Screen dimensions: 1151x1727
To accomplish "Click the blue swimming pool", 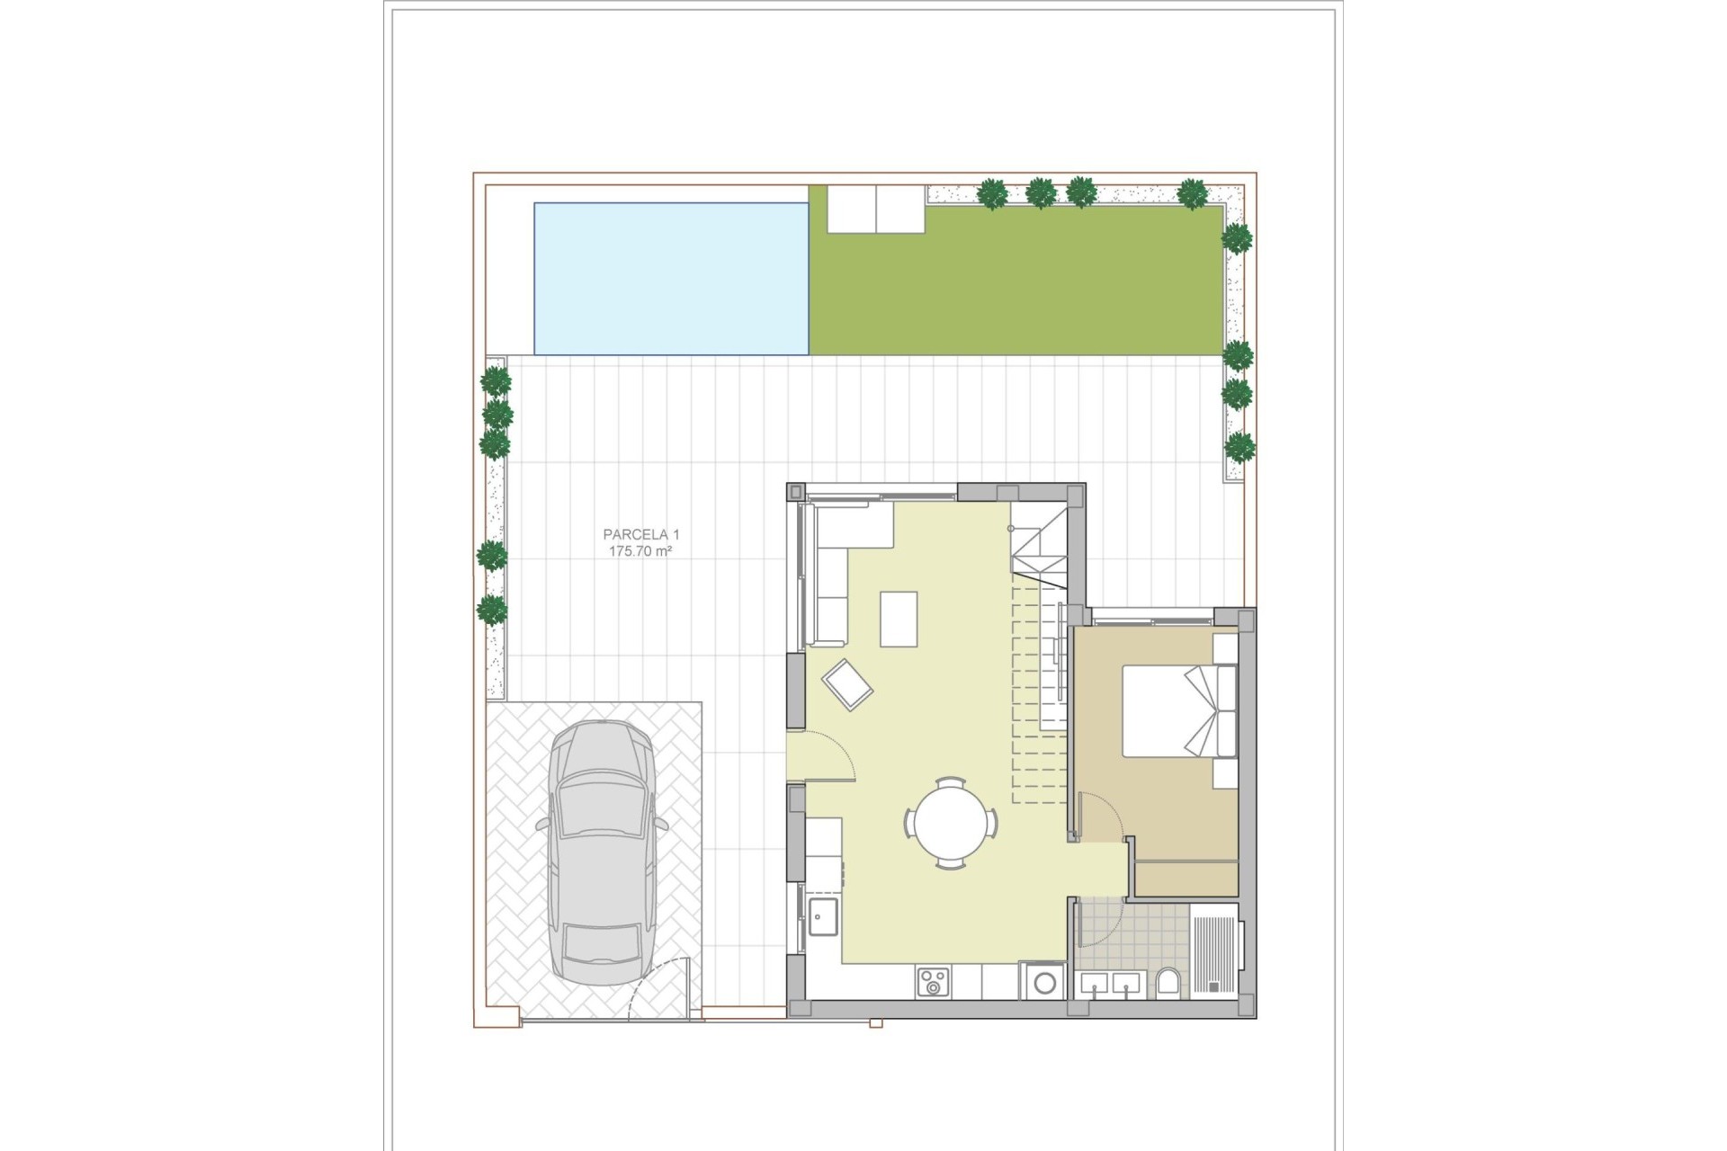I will (x=671, y=278).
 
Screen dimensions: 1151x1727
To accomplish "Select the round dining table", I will (x=950, y=823).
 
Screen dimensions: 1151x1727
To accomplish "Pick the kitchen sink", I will (x=823, y=917).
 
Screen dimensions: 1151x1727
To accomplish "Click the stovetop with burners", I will (x=933, y=981).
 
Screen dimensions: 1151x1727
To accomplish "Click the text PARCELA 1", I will (x=640, y=534).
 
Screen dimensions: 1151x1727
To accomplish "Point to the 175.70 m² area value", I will (x=640, y=551).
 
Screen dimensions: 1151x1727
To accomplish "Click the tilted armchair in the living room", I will (x=847, y=684).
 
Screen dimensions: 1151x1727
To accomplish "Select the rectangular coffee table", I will (x=899, y=619).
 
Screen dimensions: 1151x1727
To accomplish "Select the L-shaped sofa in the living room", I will (x=832, y=567).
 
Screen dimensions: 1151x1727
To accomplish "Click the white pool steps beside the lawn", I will (x=876, y=210).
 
